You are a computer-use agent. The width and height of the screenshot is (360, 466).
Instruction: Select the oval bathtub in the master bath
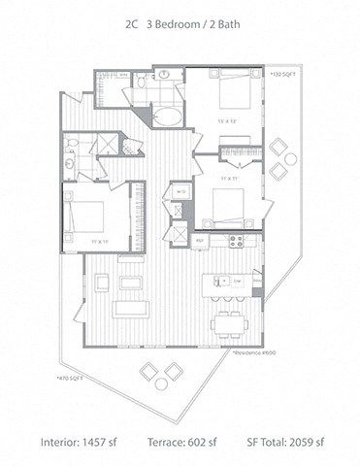tap(166, 116)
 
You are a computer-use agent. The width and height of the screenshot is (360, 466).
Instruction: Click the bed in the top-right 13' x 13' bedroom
tap(233, 94)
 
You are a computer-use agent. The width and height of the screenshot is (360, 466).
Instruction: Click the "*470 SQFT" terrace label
tap(71, 378)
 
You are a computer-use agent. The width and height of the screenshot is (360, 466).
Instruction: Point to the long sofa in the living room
tap(130, 309)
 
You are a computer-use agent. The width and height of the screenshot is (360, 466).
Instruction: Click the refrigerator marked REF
tap(200, 240)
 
